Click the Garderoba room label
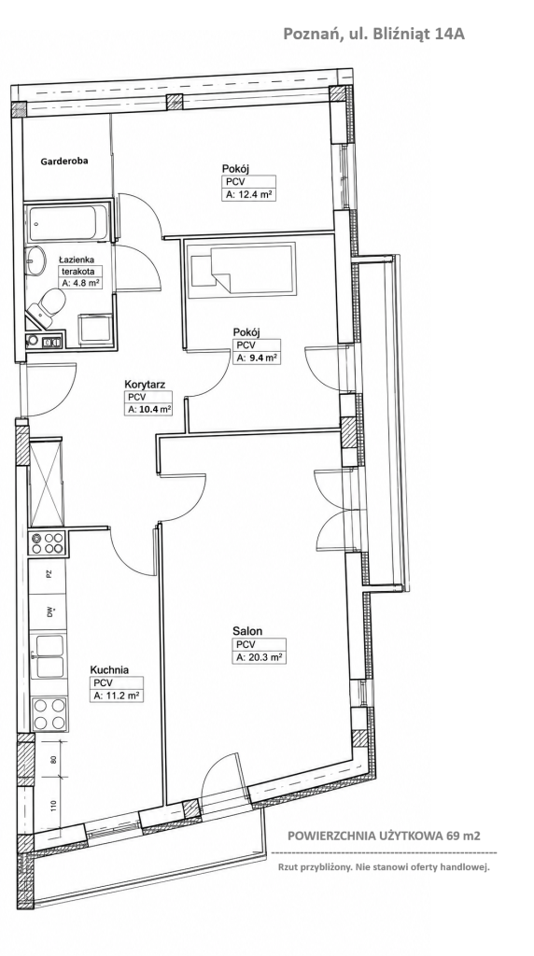coord(64,162)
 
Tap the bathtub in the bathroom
coord(67,224)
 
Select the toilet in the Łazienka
coord(49,303)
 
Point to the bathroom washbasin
coord(35,260)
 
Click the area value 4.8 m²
coord(80,283)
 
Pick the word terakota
coord(77,272)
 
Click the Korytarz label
coord(145,384)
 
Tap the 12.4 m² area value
coord(248,195)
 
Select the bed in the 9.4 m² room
coord(241,271)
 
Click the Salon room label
coord(246,631)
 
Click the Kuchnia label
coord(109,669)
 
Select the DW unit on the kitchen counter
coord(48,612)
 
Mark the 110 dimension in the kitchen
coord(53,806)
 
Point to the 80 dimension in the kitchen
coord(53,760)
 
